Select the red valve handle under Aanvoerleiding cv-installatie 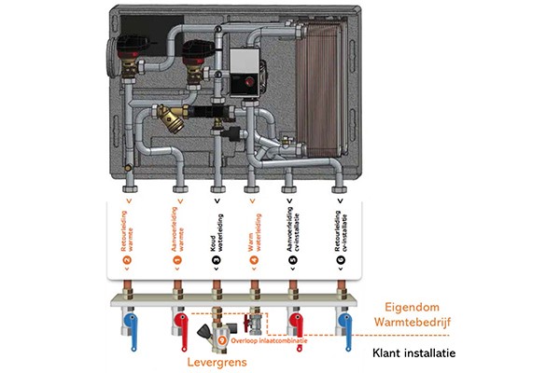[297, 325]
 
